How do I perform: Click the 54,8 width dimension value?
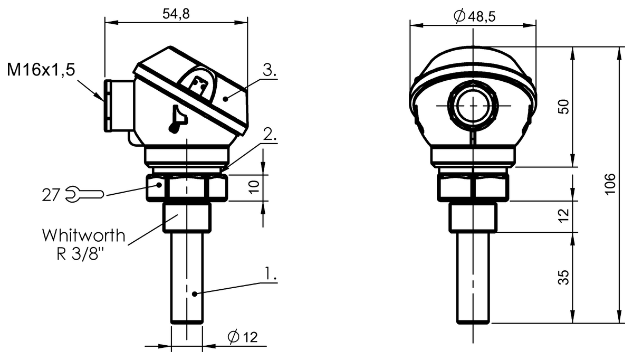[176, 14]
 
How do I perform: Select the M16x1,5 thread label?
[41, 70]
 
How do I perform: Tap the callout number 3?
[270, 70]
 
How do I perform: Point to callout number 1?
[271, 273]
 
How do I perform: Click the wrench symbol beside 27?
[85, 194]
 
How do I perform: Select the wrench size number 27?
[51, 195]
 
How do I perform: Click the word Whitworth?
[84, 235]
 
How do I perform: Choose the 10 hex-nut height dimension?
[254, 187]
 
